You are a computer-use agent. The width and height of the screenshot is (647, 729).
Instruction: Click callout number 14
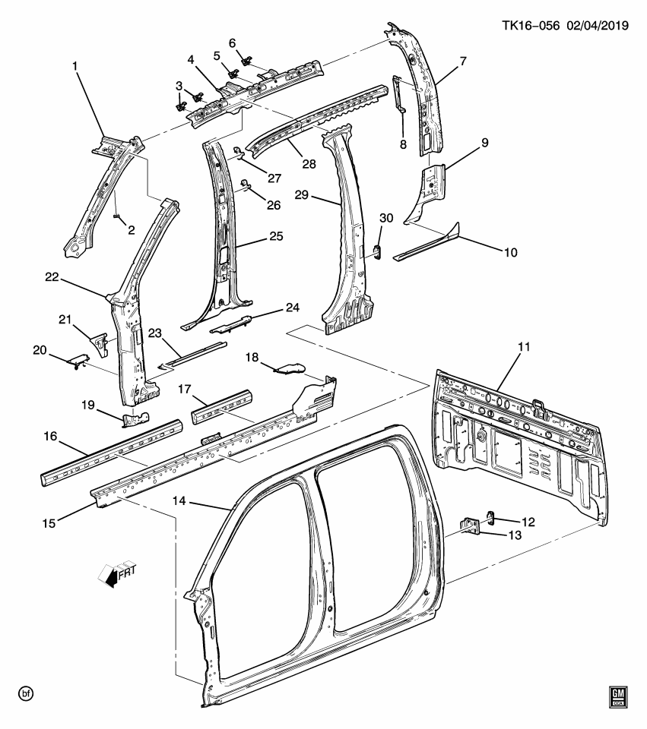pyautogui.click(x=179, y=501)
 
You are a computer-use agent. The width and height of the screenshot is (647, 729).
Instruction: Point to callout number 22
pyautogui.click(x=52, y=278)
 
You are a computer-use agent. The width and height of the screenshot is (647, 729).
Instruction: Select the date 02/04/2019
pyautogui.click(x=595, y=25)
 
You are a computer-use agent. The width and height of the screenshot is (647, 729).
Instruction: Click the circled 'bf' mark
pyautogui.click(x=26, y=693)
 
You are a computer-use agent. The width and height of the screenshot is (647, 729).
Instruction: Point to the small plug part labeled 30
pyautogui.click(x=377, y=250)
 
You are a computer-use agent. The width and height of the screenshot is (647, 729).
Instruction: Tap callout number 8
pyautogui.click(x=403, y=144)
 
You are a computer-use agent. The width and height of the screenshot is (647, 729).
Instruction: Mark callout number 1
pyautogui.click(x=75, y=67)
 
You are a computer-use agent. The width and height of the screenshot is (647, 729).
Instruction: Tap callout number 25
pyautogui.click(x=275, y=236)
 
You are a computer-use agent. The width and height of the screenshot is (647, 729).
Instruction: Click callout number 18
pyautogui.click(x=252, y=357)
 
